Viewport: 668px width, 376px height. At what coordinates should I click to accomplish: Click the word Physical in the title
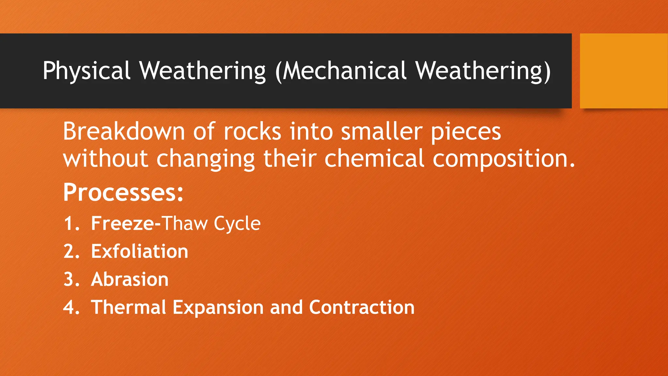[x=86, y=71]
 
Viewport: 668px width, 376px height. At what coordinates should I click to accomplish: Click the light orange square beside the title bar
[x=624, y=71]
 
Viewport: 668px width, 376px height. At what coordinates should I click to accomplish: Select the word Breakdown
[x=124, y=131]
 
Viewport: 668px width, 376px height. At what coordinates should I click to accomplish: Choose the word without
[x=106, y=159]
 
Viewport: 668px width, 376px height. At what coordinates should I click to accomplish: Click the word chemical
[x=374, y=159]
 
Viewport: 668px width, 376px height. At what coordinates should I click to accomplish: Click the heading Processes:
[x=123, y=193]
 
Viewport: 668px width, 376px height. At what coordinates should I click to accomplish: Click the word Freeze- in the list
[x=126, y=224]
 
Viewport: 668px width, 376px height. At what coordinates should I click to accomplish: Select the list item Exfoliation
[x=140, y=252]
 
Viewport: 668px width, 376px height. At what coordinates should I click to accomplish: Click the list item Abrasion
[x=130, y=280]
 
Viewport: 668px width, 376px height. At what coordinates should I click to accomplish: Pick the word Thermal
[x=129, y=308]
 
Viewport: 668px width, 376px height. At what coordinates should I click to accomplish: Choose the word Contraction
[x=362, y=308]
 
